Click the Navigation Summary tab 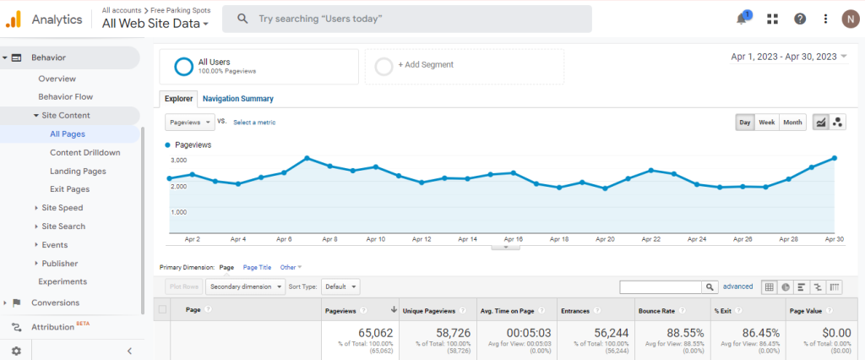coord(237,99)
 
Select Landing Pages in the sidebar coord(78,172)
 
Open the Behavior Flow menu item coord(66,96)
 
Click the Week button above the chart coord(766,122)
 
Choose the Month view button coord(792,122)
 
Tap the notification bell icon coord(742,19)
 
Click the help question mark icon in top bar coord(799,19)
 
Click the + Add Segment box coord(464,67)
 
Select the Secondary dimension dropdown coord(246,286)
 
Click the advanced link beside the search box coord(737,286)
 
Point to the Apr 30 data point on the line coord(835,158)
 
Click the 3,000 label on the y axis coord(177,160)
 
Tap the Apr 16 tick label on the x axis coord(513,239)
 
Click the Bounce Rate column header coord(656,311)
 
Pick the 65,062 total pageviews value coord(375,333)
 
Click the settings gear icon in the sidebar coord(16,351)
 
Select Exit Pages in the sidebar coord(69,188)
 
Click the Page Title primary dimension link coord(257,267)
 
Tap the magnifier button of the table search coord(710,287)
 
